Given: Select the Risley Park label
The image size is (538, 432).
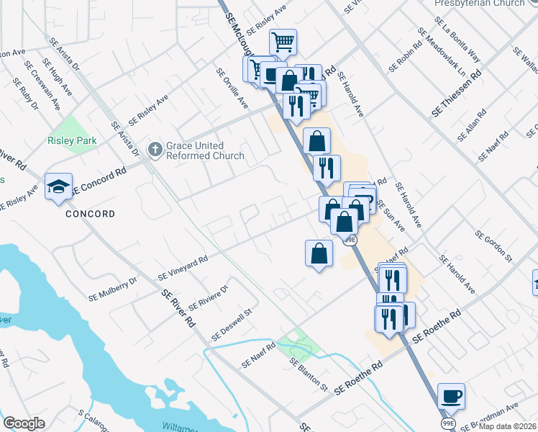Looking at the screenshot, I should pyautogui.click(x=72, y=141).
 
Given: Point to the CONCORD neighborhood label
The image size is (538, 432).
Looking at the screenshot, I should pyautogui.click(x=91, y=215).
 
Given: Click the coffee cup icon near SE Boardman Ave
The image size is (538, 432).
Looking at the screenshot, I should pyautogui.click(x=451, y=396).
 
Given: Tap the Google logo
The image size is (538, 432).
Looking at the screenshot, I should pyautogui.click(x=24, y=423).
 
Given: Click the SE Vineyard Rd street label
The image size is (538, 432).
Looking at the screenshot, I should pyautogui.click(x=183, y=267).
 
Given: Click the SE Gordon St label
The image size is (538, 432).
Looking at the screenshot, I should pyautogui.click(x=493, y=245).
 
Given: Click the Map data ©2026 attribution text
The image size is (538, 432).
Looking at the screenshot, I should pyautogui.click(x=503, y=426).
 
